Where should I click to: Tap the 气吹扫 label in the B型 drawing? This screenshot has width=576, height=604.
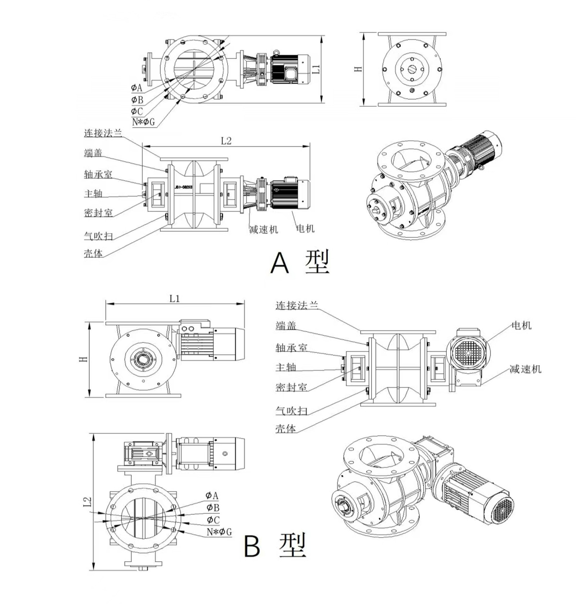coord(291,410)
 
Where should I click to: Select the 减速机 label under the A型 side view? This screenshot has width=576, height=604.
coord(264,229)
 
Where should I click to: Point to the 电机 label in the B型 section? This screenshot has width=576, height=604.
coord(521,325)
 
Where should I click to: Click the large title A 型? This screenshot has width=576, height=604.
coord(300,262)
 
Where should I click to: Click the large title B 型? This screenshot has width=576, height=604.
coord(275,546)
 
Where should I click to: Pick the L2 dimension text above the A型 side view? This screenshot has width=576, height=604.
coord(226,141)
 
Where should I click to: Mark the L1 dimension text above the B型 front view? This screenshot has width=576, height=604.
coord(175,298)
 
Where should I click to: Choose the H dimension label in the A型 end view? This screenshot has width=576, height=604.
coord(358,68)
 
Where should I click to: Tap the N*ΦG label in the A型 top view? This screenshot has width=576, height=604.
coord(143,122)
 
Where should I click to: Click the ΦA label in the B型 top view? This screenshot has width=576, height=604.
coord(212,496)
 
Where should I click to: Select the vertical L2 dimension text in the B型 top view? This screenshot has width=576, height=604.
coord(87,502)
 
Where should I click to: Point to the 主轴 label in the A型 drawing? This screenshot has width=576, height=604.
coord(93,194)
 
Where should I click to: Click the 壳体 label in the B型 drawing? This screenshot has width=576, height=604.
coord(285,428)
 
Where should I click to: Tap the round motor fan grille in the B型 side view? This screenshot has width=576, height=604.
coord(468,353)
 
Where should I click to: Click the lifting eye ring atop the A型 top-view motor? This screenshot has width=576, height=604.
coord(276,53)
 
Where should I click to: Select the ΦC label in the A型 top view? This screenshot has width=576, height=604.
coord(137,111)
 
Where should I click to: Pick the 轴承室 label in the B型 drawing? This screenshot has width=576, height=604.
coord(291,348)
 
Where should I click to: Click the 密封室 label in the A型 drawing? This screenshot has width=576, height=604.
coord(98,213)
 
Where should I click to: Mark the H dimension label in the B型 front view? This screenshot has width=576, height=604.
coord(83,359)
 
